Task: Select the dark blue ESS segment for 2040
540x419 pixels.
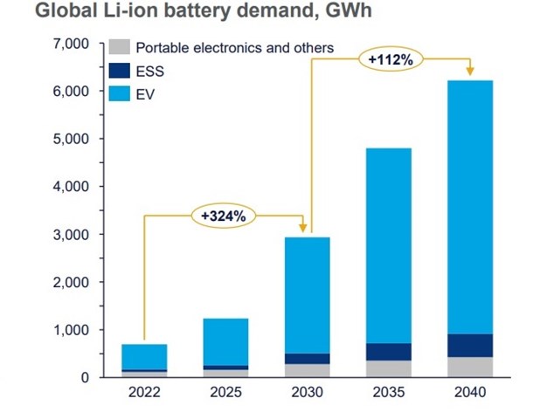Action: [x=469, y=346]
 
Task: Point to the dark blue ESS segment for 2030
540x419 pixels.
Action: [x=306, y=359]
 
